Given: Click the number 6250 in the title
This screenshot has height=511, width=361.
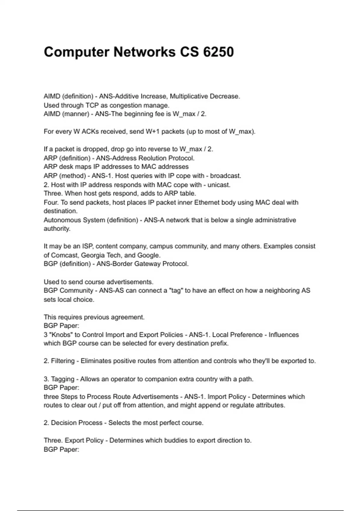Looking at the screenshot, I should coord(218,52).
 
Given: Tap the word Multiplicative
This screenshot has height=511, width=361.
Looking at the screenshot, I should coord(189,96).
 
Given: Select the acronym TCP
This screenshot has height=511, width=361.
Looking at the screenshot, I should coord(92,106).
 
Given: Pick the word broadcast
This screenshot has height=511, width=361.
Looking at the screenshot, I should coord(225,176).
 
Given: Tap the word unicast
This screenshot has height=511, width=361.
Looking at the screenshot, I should coord(219,185).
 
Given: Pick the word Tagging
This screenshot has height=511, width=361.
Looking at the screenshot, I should coord(62,379).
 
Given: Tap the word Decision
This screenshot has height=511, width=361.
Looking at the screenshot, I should coord(63,423).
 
